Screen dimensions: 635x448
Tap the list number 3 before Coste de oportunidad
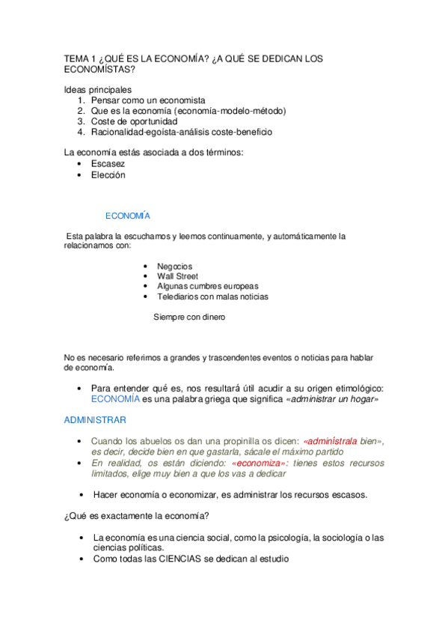tap(81, 121)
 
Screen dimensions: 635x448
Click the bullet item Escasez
tap(108, 163)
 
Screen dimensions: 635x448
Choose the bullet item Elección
tap(108, 174)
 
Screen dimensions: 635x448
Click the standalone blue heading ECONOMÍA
tap(128, 216)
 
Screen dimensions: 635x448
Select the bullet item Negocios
tap(174, 266)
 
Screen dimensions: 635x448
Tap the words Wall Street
tap(177, 276)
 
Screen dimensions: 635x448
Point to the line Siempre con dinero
tap(189, 317)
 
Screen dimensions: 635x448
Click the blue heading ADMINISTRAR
tap(95, 420)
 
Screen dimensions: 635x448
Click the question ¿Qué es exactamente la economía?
tap(136, 516)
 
